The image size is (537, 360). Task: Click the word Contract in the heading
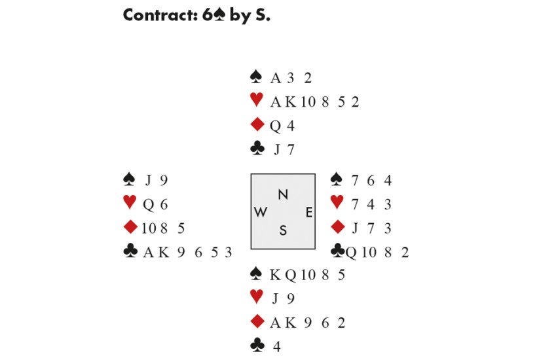[x=155, y=16]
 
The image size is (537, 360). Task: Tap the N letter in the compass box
[x=283, y=194]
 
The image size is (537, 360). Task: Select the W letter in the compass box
[x=260, y=212]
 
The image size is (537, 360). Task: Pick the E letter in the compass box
[x=308, y=212]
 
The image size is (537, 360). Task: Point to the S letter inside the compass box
[x=283, y=230]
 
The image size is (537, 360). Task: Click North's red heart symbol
[x=257, y=101]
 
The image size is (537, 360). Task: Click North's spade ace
[x=276, y=79]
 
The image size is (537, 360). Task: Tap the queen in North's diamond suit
[x=275, y=126]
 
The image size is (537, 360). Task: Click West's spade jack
[x=149, y=180]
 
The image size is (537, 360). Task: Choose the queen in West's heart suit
[x=148, y=204]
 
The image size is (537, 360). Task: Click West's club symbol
[x=131, y=251]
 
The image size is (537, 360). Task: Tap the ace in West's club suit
[x=148, y=252]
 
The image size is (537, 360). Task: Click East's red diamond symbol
[x=338, y=227]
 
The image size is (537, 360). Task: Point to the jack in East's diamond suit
[x=355, y=228]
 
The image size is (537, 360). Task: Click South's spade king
[x=275, y=275]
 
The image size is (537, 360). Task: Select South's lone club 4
[x=276, y=347]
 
